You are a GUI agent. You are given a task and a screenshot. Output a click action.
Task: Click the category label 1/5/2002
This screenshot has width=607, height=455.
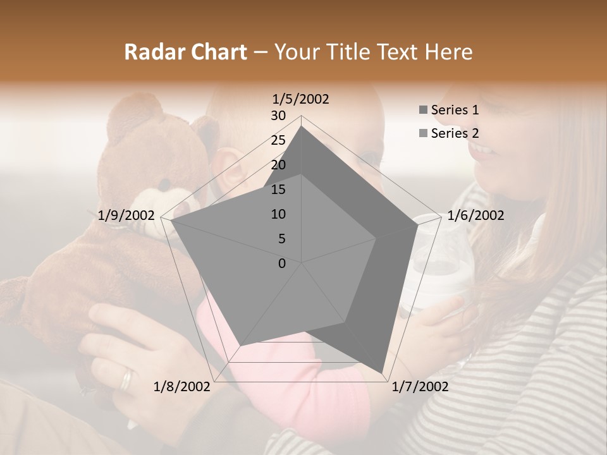[300, 99]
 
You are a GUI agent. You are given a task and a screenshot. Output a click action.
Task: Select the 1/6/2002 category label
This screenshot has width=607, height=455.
[475, 215]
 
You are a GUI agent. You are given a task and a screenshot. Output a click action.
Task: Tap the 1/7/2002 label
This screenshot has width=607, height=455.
[420, 387]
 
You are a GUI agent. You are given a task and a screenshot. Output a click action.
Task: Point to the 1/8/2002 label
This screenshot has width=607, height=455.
[182, 387]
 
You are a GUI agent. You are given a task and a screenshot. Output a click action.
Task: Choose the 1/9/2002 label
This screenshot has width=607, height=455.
[126, 215]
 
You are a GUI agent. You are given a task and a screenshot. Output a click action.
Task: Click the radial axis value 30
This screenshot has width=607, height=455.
[278, 116]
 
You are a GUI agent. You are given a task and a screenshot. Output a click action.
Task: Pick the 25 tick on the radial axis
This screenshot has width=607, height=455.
[278, 140]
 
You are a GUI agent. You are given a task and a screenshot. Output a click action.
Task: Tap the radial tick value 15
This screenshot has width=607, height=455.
[278, 190]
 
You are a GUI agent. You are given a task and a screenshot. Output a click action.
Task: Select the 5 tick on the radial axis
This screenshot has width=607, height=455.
[281, 239]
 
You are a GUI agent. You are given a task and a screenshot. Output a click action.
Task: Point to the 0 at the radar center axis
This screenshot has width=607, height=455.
[282, 264]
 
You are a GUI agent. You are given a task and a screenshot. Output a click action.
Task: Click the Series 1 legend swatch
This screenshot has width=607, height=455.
[423, 110]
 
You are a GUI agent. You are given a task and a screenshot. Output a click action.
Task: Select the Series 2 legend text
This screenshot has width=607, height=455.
[455, 133]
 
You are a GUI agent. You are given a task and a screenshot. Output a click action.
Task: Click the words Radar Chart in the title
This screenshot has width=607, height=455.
[185, 52]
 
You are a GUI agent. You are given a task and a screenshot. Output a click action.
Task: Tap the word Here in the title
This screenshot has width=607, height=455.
[448, 52]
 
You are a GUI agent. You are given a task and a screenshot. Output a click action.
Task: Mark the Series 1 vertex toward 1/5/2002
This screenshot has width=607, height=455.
[302, 126]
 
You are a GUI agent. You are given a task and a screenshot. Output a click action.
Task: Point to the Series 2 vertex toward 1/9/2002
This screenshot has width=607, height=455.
[171, 221]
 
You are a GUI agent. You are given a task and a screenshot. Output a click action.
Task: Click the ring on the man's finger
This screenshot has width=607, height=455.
[127, 379]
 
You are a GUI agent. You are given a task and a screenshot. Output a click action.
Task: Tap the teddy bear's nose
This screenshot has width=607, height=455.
[165, 185]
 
